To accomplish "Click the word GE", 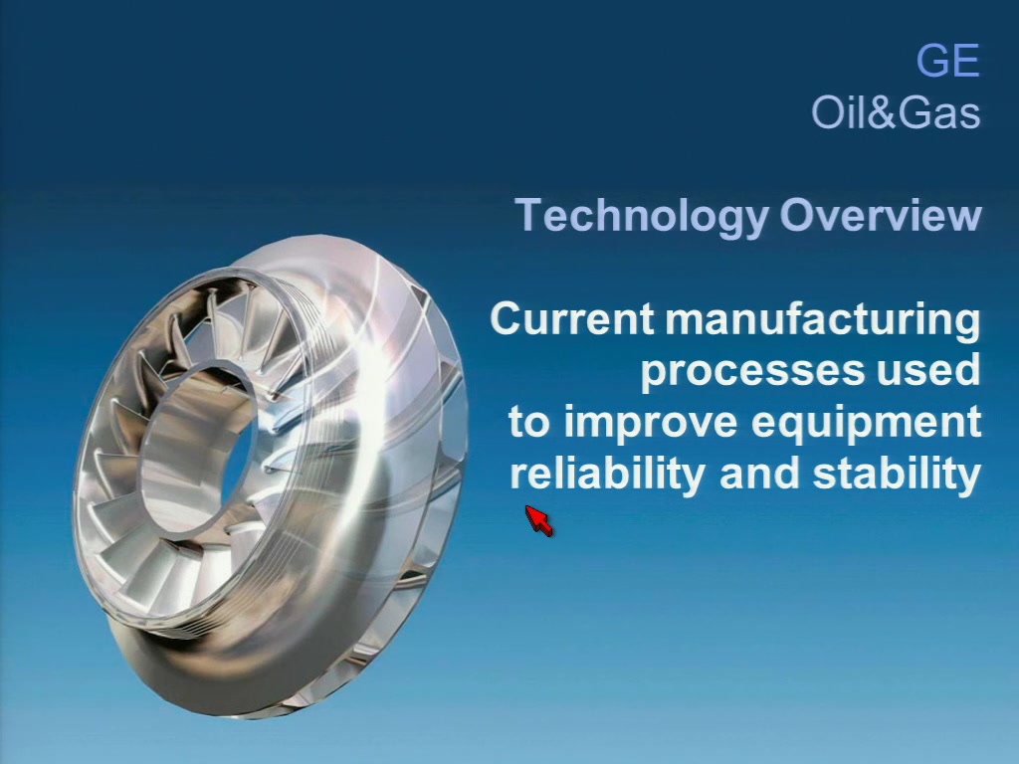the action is pos(947,61).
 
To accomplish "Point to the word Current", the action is pos(572,318).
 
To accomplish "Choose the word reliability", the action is pos(608,475).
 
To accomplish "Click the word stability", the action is pos(897,475).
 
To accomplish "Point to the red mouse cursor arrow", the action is pos(538,520).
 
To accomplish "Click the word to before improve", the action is pos(529,422).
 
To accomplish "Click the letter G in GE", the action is pos(932,61).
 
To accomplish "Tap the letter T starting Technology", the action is pos(528,215).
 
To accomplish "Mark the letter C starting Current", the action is pos(507,318).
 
